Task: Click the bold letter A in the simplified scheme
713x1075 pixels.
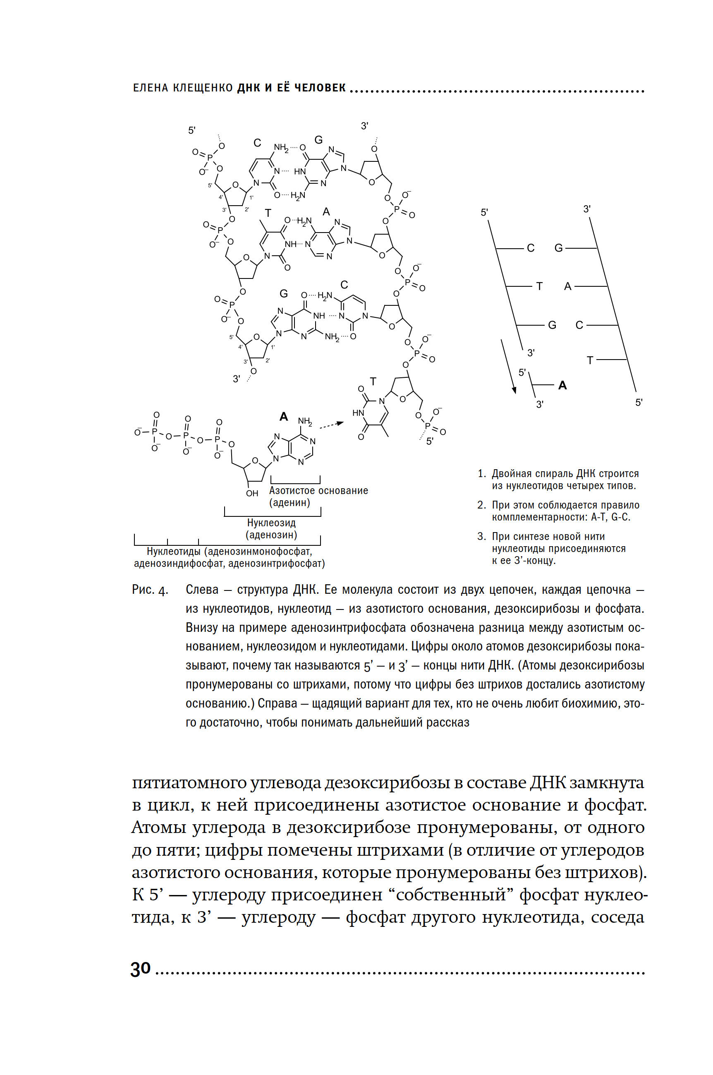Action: [x=562, y=385]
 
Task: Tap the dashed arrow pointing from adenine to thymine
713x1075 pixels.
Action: [x=332, y=425]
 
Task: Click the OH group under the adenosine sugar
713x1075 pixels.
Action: [x=252, y=493]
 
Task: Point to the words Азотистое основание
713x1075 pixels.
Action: [x=318, y=490]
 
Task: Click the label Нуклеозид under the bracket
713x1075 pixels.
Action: [x=271, y=523]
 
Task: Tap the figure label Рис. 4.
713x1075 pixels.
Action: [x=150, y=590]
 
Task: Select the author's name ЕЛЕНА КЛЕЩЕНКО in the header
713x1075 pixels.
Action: [x=183, y=88]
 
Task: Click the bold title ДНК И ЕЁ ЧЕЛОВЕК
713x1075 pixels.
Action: [x=292, y=88]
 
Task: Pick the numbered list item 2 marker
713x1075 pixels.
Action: [x=481, y=505]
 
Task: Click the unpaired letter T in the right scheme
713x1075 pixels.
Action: [x=590, y=360]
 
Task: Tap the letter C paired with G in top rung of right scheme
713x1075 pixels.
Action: [x=531, y=248]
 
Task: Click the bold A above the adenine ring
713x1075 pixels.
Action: [x=284, y=416]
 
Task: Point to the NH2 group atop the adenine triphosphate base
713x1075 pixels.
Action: [x=305, y=421]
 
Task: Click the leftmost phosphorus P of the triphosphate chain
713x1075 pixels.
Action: [x=155, y=431]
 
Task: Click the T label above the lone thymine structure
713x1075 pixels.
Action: [x=373, y=382]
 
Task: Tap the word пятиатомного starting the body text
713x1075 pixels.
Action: [x=189, y=783]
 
